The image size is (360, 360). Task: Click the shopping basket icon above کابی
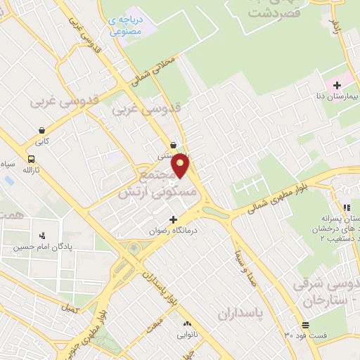(x=43, y=130)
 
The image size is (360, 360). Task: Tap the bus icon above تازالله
(x=31, y=159)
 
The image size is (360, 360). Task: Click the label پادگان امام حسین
(x=45, y=247)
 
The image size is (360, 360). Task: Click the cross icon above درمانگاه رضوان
(x=173, y=219)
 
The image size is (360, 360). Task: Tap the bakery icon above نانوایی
(x=187, y=323)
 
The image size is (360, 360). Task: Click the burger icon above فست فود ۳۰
(x=305, y=325)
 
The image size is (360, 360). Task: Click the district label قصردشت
(x=259, y=12)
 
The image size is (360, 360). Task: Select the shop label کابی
(x=43, y=141)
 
